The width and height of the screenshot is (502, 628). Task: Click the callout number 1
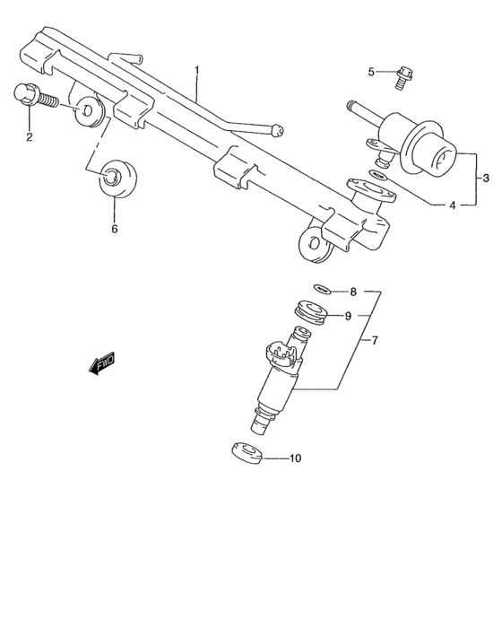pos(197,69)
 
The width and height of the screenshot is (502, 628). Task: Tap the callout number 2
pos(30,137)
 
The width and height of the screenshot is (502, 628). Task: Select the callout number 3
pos(485,177)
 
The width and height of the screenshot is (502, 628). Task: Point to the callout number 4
pos(452,205)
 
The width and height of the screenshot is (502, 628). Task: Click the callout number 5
pos(370,72)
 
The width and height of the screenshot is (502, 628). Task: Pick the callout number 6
pos(115,230)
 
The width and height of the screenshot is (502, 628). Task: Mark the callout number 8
pos(352,292)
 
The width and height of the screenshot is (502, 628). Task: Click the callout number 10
pos(295,458)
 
